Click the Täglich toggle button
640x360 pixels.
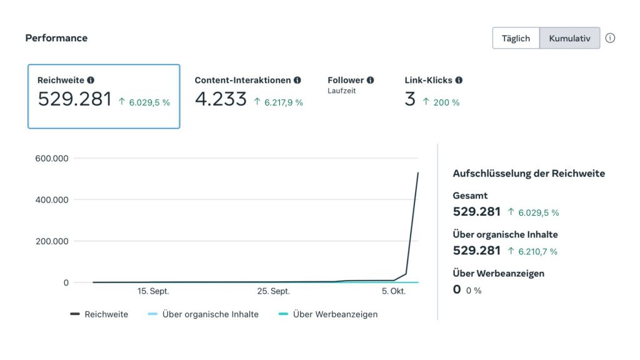point(516,38)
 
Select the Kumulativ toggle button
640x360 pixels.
point(569,38)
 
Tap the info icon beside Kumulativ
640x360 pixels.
point(610,38)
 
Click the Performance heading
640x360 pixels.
point(56,38)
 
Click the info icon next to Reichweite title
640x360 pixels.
point(91,80)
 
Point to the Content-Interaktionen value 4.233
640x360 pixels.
point(221,99)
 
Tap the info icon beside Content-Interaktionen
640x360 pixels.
point(297,80)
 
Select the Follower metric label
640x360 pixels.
point(346,80)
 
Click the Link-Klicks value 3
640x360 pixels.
point(410,99)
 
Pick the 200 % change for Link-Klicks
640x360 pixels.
point(446,102)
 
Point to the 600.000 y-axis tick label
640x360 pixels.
point(51,159)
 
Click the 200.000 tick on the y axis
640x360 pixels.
point(51,241)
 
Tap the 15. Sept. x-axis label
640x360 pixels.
point(153,291)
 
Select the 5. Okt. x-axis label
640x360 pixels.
point(394,291)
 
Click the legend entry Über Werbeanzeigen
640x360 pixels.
point(335,314)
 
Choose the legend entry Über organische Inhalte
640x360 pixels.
point(210,314)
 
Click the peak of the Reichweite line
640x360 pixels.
point(418,173)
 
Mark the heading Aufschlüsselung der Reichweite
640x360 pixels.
point(529,174)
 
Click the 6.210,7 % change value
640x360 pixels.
point(537,251)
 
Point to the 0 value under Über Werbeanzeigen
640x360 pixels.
point(457,289)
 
